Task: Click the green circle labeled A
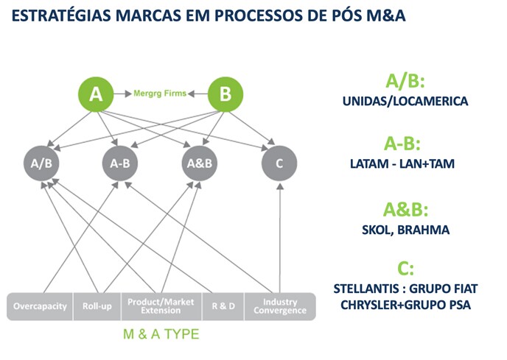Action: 96,94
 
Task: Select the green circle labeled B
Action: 225,94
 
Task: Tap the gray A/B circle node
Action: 41,163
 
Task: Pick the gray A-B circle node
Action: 120,163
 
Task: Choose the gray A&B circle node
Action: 200,163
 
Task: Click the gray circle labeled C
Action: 279,163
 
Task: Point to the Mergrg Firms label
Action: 160,93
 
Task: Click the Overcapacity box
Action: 40,306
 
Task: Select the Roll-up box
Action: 97,306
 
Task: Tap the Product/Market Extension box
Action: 161,306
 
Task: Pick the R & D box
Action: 223,306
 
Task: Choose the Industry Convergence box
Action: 280,306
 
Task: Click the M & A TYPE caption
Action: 161,334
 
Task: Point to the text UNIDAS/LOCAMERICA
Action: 405,101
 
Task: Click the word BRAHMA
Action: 423,230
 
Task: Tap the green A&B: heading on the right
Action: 405,209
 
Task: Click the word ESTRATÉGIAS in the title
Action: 61,15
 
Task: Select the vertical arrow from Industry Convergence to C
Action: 280,239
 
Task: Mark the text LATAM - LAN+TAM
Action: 402,163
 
